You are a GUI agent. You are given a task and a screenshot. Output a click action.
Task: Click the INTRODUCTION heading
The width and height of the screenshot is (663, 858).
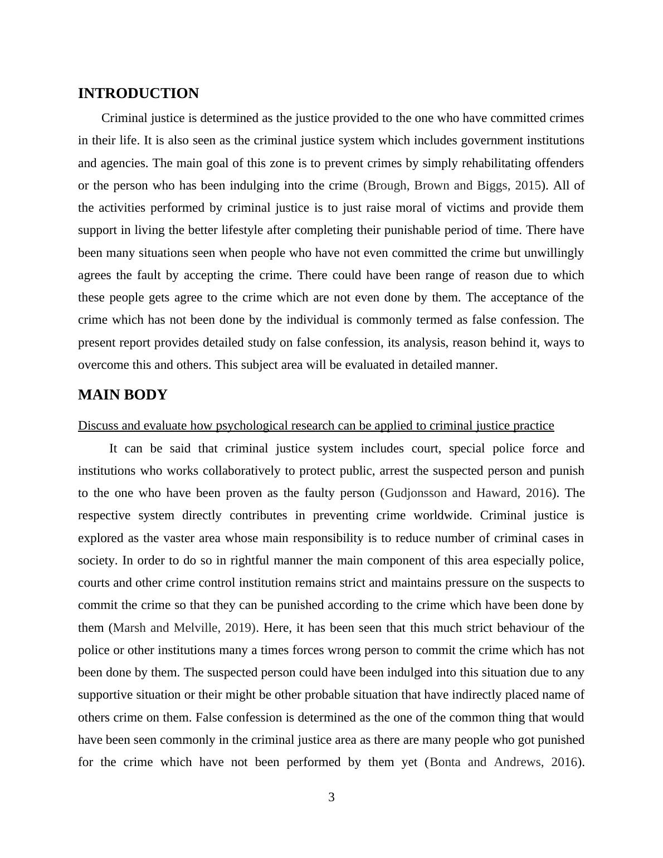138,94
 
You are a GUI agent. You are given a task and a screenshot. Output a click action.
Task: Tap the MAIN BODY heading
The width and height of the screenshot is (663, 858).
123,395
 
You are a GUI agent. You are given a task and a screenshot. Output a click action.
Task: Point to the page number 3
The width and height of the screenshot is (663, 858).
331,797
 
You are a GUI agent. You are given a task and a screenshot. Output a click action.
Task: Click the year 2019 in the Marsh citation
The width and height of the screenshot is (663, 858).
238,628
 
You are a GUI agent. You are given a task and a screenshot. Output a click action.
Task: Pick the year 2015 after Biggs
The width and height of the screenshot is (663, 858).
528,186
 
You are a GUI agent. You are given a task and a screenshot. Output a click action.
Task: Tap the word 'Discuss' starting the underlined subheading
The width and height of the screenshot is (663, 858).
96,426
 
